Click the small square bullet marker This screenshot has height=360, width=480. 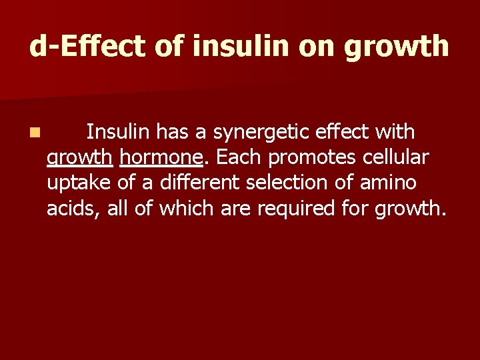pos(33,133)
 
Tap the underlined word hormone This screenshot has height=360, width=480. pos(160,158)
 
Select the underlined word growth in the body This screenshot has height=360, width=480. pos(79,159)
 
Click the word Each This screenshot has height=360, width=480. pos(235,157)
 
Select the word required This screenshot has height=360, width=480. pos(296,209)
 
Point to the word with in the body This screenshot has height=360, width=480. pos(395,132)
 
